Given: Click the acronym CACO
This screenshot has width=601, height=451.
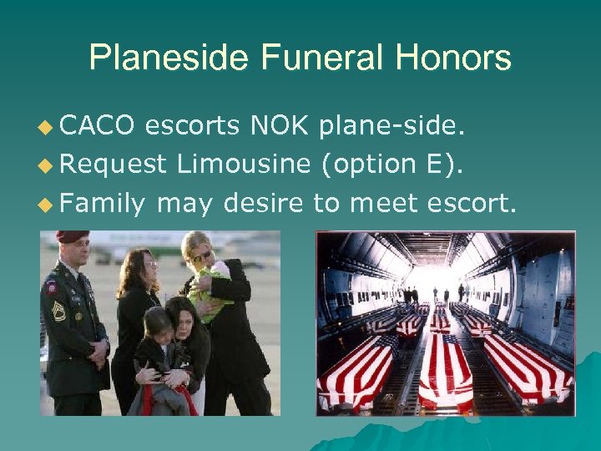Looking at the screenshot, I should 98,126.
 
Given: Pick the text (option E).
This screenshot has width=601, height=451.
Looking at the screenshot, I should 391,164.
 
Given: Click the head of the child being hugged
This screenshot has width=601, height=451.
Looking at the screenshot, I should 157,322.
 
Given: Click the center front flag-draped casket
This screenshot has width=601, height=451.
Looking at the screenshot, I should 445,372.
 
